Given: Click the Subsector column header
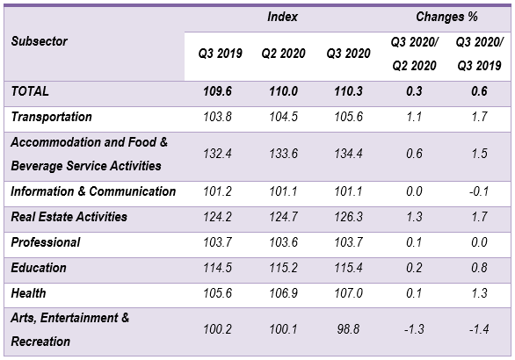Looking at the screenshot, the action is [x=39, y=41].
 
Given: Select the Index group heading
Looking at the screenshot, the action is [x=282, y=17].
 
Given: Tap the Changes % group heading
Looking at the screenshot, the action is [x=446, y=17].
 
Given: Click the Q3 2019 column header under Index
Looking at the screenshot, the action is [x=220, y=54].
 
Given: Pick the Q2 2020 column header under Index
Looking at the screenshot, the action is [x=284, y=54].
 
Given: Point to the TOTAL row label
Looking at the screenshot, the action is [x=30, y=91].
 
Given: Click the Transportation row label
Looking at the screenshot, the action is [x=51, y=117].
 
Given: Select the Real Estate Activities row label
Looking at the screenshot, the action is [x=69, y=217].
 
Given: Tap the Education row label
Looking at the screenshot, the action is [x=39, y=268].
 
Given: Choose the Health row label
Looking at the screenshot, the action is [x=29, y=293].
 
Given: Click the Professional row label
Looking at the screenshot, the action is [x=46, y=242].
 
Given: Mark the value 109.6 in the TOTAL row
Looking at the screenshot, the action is [x=217, y=91].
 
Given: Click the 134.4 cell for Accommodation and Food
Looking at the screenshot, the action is [x=349, y=154].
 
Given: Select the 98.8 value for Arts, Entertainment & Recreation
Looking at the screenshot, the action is [x=348, y=329].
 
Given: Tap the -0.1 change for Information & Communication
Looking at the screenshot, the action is [x=479, y=191].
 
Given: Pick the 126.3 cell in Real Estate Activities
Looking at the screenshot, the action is [x=349, y=217].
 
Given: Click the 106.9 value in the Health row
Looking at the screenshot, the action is [x=284, y=293].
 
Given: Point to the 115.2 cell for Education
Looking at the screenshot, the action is [x=284, y=268].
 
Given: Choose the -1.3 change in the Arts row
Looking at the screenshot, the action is [x=414, y=329].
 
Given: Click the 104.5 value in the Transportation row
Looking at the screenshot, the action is [x=284, y=117].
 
